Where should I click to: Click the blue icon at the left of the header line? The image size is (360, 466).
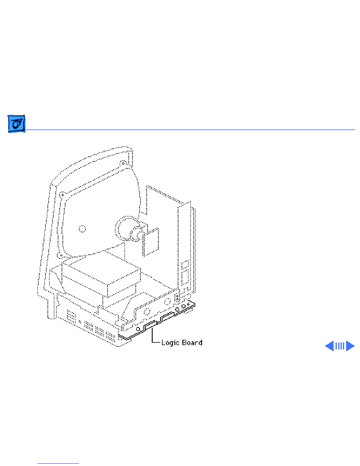[x=16, y=124]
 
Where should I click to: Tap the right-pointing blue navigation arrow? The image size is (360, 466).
[x=350, y=346]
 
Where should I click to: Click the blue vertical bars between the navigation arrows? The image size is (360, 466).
[x=340, y=346]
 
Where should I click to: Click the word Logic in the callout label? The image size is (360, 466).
[x=170, y=343]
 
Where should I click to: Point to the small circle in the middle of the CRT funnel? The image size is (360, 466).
[x=82, y=229]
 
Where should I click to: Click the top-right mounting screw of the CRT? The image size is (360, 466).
[x=123, y=163]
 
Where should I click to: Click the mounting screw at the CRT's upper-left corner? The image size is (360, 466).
[x=62, y=195]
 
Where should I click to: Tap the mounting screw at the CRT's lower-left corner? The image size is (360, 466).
[x=60, y=255]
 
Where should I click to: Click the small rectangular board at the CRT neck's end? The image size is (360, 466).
[x=151, y=242]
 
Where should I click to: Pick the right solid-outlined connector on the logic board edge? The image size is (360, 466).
[x=167, y=317]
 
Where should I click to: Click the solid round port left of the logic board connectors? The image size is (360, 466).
[x=138, y=329]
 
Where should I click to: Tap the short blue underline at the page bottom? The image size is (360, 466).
[x=58, y=464]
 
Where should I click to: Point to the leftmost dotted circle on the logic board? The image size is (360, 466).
[x=147, y=312]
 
